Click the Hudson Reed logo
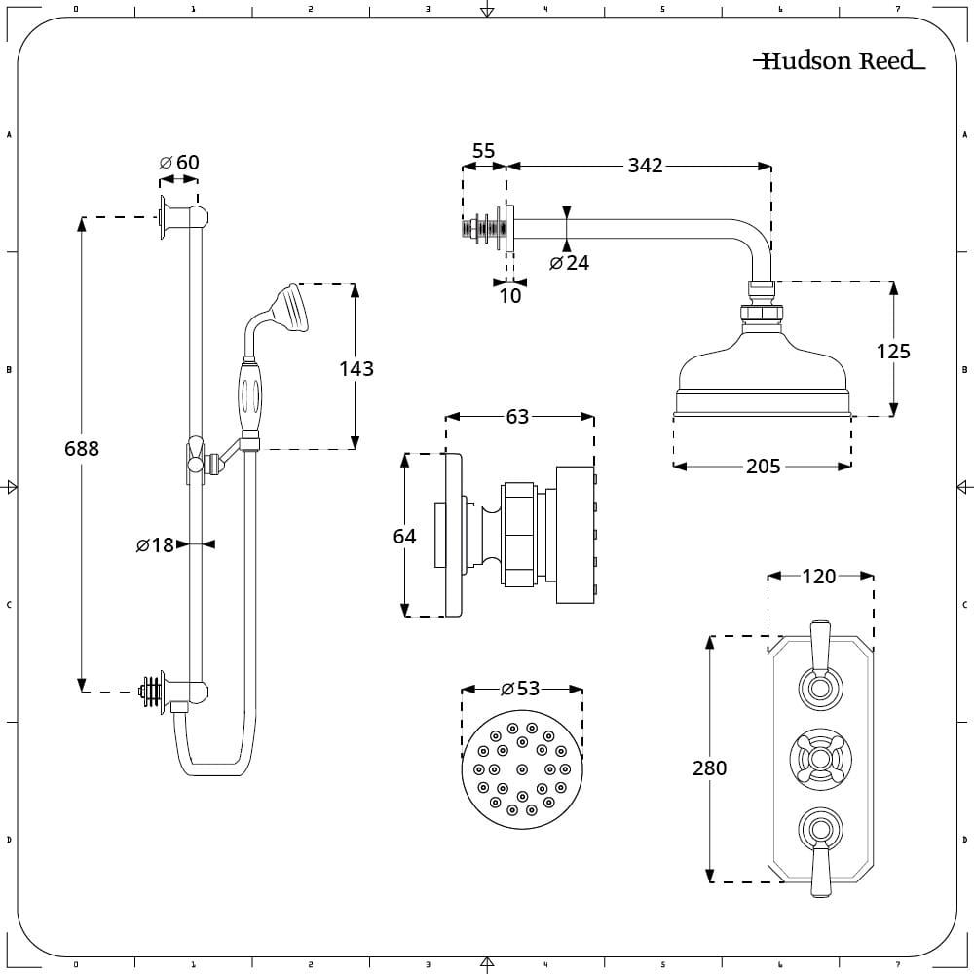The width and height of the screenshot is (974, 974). pyautogui.click(x=839, y=61)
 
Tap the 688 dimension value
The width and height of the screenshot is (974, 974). pyautogui.click(x=82, y=449)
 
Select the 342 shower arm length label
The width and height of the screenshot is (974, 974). pyautogui.click(x=644, y=166)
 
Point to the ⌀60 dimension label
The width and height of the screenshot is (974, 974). pyautogui.click(x=179, y=162)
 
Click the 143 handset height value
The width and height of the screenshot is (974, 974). pyautogui.click(x=356, y=369)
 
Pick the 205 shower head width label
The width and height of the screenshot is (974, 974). pyautogui.click(x=763, y=467)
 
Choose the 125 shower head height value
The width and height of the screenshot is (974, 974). pyautogui.click(x=892, y=352)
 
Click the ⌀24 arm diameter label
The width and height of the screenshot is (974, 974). pyautogui.click(x=569, y=263)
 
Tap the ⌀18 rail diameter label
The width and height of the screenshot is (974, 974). pyautogui.click(x=155, y=545)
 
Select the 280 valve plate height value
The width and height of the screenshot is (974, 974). pyautogui.click(x=709, y=768)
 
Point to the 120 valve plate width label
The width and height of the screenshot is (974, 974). pyautogui.click(x=818, y=577)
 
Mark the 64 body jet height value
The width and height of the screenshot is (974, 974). pyautogui.click(x=404, y=536)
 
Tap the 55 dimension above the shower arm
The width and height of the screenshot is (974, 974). pyautogui.click(x=483, y=151)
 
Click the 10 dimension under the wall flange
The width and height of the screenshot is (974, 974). pyautogui.click(x=510, y=295)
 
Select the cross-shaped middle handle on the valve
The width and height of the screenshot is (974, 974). pyautogui.click(x=819, y=758)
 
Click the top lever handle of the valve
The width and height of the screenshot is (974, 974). pyautogui.click(x=819, y=644)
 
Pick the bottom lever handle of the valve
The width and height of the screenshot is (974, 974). pyautogui.click(x=819, y=869)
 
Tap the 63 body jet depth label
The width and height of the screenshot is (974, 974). pyautogui.click(x=517, y=417)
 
